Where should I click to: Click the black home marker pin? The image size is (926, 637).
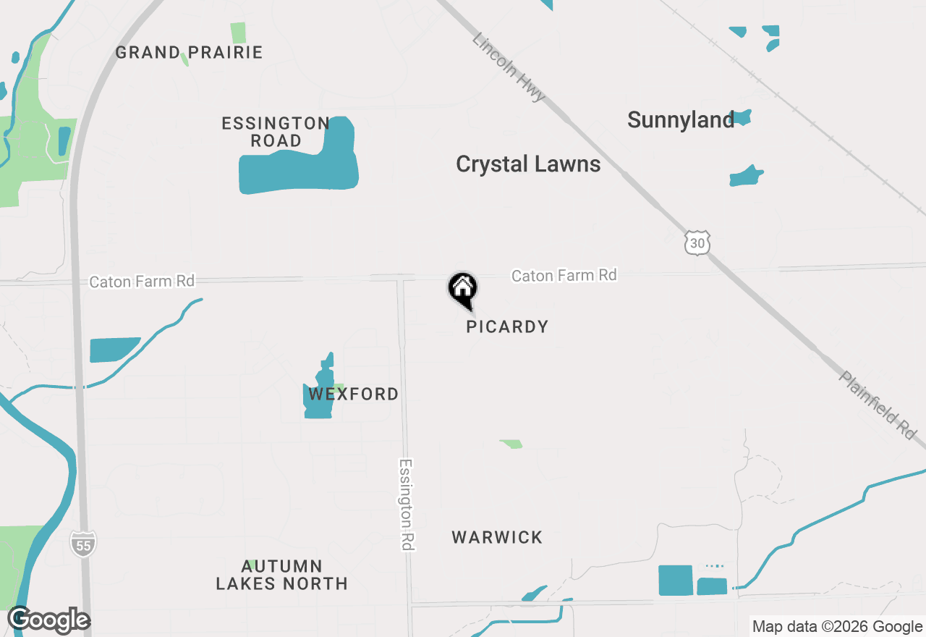pos(463,289)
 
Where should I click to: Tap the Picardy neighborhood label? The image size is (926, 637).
pos(507,326)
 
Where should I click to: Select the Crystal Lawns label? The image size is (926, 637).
pos(528,164)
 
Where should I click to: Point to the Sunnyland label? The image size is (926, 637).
pos(681,120)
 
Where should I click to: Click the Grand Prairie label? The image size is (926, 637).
pos(189,53)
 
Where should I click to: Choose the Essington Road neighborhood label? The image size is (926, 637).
pos(276,132)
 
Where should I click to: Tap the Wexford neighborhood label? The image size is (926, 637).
pos(354,395)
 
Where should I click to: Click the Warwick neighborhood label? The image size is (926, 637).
pos(497,537)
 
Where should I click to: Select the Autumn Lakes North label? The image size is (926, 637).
pos(281,574)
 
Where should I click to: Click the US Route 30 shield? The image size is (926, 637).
pos(697,243)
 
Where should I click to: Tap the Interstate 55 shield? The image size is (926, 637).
pos(83,544)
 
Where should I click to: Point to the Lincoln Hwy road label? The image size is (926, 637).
pos(508,67)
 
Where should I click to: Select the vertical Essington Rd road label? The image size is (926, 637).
pos(407,505)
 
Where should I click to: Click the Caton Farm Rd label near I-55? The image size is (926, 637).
pos(142,281)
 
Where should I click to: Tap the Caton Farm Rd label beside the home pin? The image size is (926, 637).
pos(564,275)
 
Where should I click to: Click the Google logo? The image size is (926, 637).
pos(49,620)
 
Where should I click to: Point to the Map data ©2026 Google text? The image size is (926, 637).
pos(837,627)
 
